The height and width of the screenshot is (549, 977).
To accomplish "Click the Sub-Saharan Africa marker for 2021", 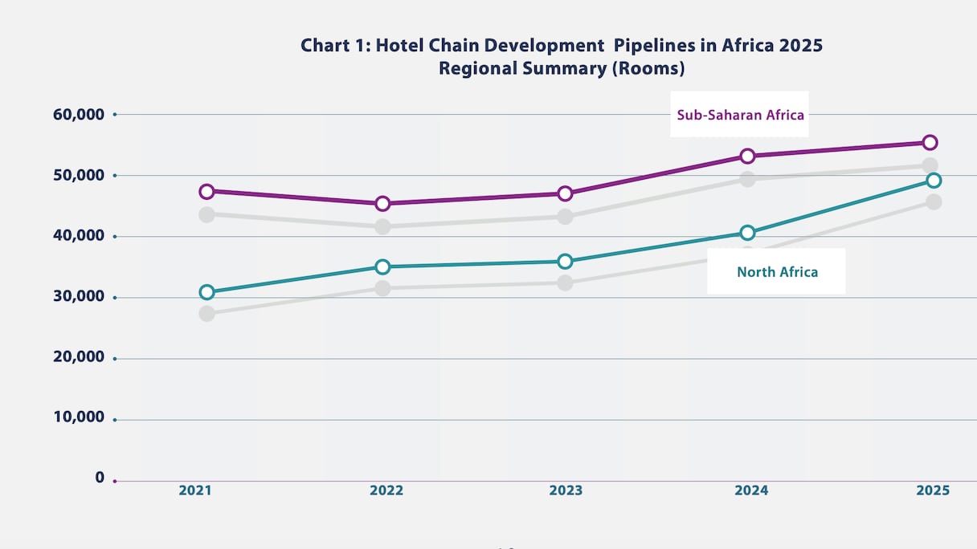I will coord(206,191).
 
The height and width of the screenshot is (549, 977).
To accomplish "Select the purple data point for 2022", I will coord(382,203).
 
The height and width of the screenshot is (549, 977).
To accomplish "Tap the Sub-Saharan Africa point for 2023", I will coord(565,193).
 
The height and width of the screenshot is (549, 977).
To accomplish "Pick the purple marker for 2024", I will coord(747,156).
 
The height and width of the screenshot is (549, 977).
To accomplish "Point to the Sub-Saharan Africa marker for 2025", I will coord(930,142).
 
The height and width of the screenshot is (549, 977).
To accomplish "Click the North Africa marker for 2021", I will coord(206,292).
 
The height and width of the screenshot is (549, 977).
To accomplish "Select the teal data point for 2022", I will coord(382,266).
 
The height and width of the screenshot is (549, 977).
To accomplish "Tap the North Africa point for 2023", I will coord(565,261).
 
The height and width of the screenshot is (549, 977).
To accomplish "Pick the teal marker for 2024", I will coord(747,233).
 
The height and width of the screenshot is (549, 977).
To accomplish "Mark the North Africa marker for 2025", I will coord(933,181).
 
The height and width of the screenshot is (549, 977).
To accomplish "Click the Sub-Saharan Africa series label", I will coord(740,115).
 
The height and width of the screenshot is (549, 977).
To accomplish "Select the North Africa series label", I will coord(777,272).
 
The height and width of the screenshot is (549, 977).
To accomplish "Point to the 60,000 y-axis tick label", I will coord(79,115).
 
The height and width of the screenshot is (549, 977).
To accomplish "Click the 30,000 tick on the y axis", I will coord(79,296).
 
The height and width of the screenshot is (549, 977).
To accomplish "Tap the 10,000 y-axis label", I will coord(79,417).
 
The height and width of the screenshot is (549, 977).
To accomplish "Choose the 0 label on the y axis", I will coord(100,478).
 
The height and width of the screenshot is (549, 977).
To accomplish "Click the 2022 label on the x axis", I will coord(386,490).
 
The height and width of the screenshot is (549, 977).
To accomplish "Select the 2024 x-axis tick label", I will coord(751,490).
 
